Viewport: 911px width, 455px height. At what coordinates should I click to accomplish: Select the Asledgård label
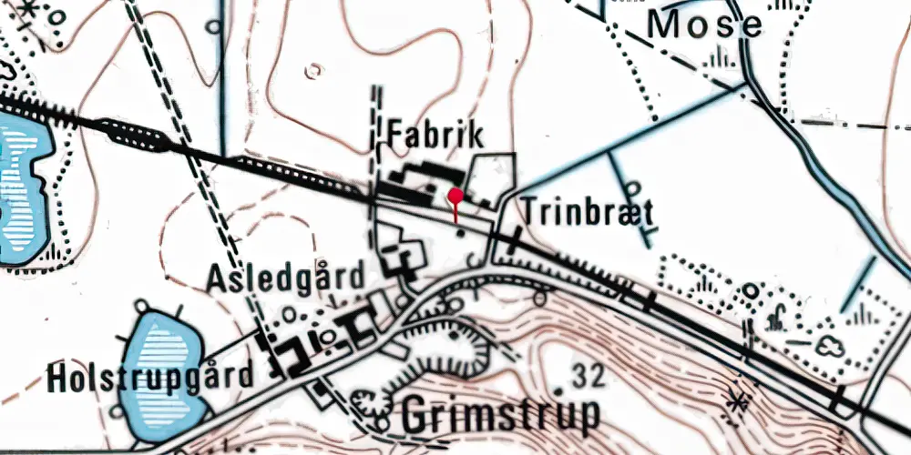[285, 276]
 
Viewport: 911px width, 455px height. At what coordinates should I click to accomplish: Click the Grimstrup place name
[500, 414]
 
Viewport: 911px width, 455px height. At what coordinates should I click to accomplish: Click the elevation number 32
[592, 373]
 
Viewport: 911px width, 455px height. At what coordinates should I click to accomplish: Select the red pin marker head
[455, 195]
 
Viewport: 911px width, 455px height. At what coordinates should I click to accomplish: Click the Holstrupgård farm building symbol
[290, 355]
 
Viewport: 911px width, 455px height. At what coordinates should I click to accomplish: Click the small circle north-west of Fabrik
[314, 70]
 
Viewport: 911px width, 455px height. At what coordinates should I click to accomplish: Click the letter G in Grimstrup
[415, 414]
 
